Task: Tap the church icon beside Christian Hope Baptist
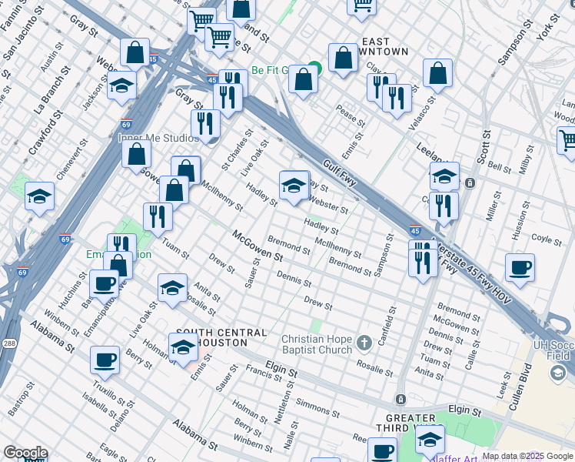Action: (x=364, y=340)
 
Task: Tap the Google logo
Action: (x=25, y=453)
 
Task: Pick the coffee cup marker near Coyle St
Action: (x=520, y=268)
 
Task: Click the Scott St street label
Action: (x=484, y=146)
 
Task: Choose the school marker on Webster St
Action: (x=294, y=185)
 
